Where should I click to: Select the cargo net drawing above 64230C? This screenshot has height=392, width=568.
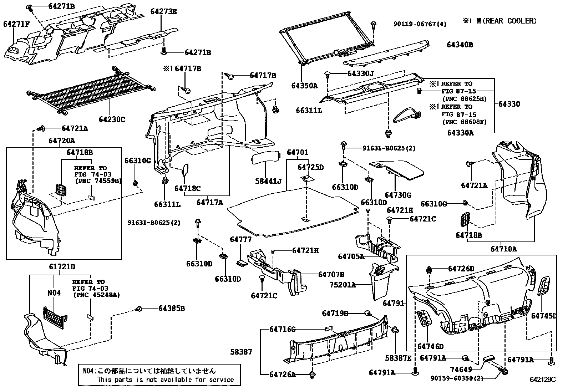91,91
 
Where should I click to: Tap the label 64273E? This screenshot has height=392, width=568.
163,12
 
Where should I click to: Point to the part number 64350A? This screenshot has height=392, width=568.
304,86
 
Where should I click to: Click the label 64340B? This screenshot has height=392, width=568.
460,45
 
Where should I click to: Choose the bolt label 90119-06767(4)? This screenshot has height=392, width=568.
420,24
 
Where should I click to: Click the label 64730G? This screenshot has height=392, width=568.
398,195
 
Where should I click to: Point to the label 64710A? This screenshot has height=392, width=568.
503,249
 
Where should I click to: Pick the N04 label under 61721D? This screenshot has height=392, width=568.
54,293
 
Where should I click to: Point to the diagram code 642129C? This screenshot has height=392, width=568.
542,380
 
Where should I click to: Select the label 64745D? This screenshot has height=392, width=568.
544,316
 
